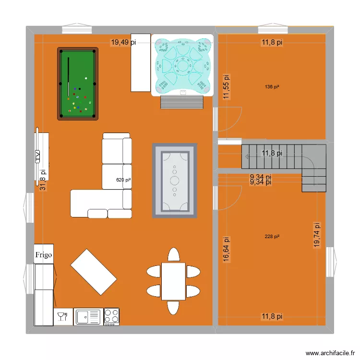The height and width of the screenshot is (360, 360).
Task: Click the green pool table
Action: coord(78,84)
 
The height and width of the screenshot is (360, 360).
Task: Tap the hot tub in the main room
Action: coord(182,64)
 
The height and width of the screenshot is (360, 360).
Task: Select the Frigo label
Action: coord(44,254)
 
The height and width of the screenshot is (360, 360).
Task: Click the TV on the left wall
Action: coord(37,155)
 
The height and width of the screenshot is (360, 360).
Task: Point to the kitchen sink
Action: coord(88,316)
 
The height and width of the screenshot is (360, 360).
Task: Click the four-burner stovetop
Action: coord(112,316)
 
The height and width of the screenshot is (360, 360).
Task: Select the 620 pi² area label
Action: coord(123,180)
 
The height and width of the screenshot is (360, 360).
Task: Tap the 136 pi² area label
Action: coord(272,87)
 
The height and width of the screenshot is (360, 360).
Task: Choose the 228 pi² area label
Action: coord(272,237)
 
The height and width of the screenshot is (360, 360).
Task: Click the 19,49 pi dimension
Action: coord(123,42)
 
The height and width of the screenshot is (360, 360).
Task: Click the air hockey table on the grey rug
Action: coord(174,180)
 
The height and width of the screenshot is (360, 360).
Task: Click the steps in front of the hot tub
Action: coord(182,101)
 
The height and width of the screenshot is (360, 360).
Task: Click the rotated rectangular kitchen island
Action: coord(94,272)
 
